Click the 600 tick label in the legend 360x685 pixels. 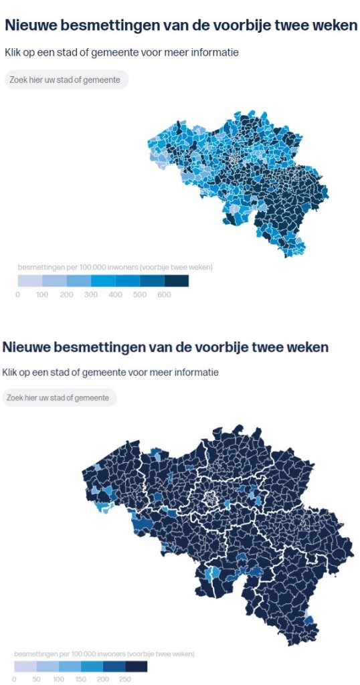164,295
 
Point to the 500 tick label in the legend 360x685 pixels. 139,295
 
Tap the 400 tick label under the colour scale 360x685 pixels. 115,295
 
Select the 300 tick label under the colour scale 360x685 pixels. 91,295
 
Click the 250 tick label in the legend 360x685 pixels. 124,680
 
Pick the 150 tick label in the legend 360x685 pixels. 80,680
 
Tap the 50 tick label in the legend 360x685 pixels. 36,680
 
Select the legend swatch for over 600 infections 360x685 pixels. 177,280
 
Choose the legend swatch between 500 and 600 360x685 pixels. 152,280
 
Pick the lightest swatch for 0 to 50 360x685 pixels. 25,666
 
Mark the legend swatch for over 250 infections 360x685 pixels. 137,666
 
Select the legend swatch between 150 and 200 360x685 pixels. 92,666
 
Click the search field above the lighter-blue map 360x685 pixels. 66,80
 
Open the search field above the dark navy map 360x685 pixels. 60,397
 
